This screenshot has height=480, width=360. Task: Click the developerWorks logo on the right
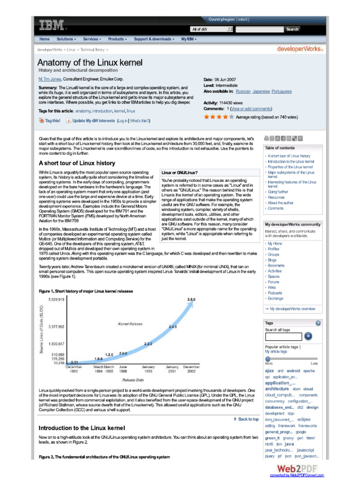pyautogui.click(x=300, y=49)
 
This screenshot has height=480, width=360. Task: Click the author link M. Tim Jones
pyautogui.click(x=50, y=79)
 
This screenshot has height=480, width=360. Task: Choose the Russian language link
pyautogui.click(x=243, y=91)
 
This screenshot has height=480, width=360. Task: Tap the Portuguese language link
pyautogui.click(x=281, y=91)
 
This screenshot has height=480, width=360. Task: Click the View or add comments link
pyautogui.click(x=251, y=109)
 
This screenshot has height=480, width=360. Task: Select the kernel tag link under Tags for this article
pyautogui.click(x=119, y=111)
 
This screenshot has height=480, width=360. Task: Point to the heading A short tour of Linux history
pyautogui.click(x=76, y=163)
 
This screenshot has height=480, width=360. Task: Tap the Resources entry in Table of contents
pyautogui.click(x=276, y=197)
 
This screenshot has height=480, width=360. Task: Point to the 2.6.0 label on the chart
pyautogui.click(x=191, y=299)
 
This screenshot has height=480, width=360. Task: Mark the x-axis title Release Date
pyautogui.click(x=133, y=380)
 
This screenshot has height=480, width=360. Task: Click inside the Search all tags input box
pyautogui.click(x=283, y=336)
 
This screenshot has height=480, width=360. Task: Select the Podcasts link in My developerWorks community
pyautogui.click(x=275, y=293)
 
